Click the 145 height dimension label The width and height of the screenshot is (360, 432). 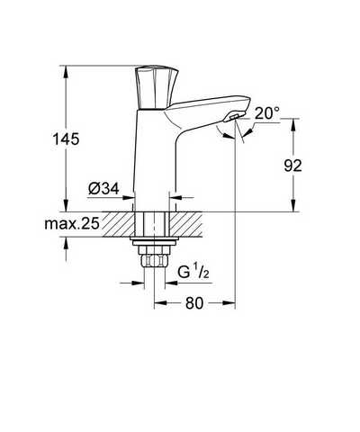click(66, 139)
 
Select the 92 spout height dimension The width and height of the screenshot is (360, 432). click(292, 166)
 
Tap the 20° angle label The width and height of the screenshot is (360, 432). click(266, 113)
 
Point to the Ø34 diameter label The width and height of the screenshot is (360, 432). click(103, 188)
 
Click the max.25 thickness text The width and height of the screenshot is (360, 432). click(72, 223)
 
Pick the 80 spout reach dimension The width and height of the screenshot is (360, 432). click(194, 303)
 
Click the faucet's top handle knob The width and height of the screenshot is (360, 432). click(157, 87)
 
